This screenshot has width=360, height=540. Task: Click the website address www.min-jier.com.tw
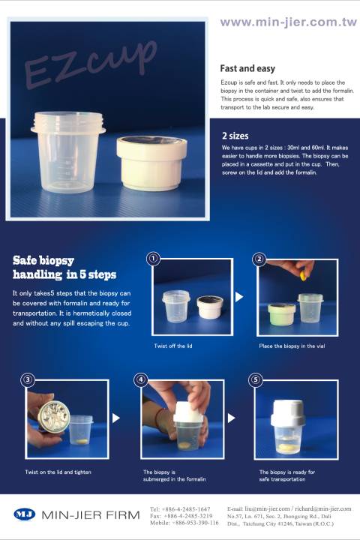tap(289, 22)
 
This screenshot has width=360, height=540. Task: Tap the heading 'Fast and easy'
tap(247, 68)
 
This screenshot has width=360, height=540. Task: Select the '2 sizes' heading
tap(235, 136)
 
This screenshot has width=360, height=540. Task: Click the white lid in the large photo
tap(151, 163)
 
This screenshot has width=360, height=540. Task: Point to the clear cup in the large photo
tap(68, 151)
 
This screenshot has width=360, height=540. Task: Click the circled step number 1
tap(153, 259)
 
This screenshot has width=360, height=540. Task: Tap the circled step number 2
tap(259, 259)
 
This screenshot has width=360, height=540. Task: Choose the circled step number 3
tap(28, 379)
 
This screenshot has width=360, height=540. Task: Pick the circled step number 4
tap(140, 379)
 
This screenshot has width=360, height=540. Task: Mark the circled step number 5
tap(255, 379)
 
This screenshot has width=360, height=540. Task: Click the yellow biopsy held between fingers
tap(303, 276)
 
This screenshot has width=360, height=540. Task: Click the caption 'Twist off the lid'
tap(173, 346)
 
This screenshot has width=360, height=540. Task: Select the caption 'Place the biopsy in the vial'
tap(292, 346)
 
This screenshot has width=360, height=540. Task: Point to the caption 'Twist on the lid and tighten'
tap(58, 472)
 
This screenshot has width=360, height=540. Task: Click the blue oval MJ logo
tap(25, 514)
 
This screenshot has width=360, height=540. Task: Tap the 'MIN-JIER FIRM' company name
tap(91, 514)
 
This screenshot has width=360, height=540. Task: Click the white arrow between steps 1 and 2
tap(239, 297)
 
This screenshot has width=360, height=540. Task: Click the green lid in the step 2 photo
tap(281, 314)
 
